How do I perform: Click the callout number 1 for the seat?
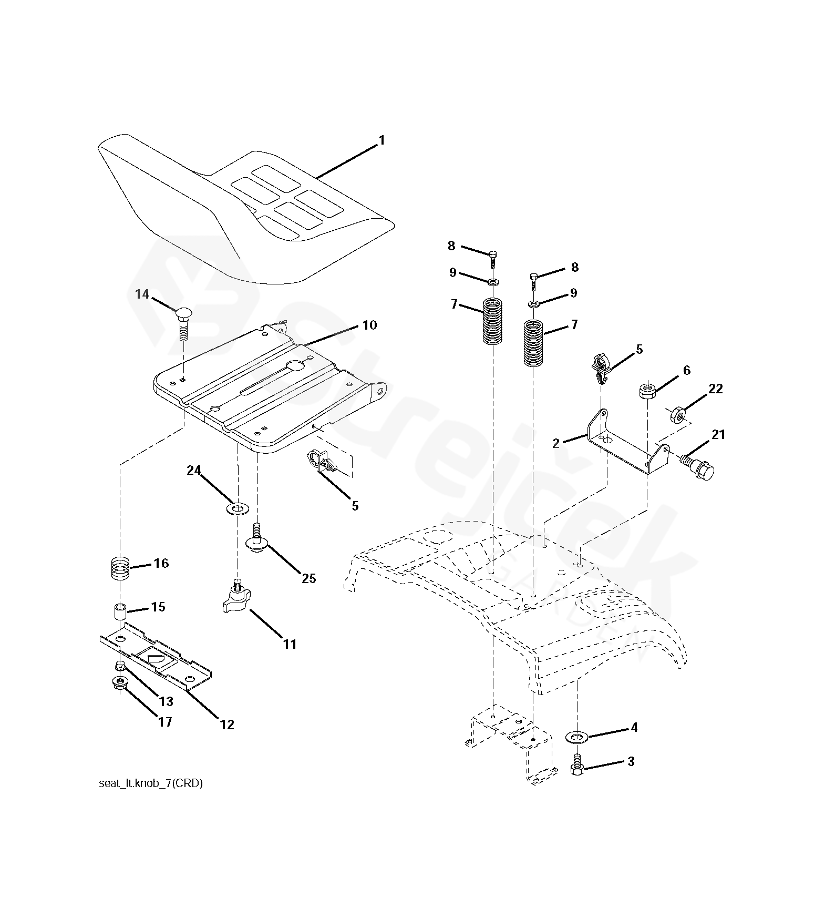pyautogui.click(x=381, y=140)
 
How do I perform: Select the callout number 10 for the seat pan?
pyautogui.click(x=369, y=325)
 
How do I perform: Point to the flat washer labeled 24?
pyautogui.click(x=238, y=508)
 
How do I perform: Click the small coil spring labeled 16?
pyautogui.click(x=121, y=569)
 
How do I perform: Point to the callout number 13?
pyautogui.click(x=166, y=701)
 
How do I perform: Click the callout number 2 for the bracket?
pyautogui.click(x=556, y=443)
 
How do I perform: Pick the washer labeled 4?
pyautogui.click(x=577, y=737)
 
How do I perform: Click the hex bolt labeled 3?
pyautogui.click(x=577, y=768)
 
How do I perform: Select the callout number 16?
pyautogui.click(x=161, y=563)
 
